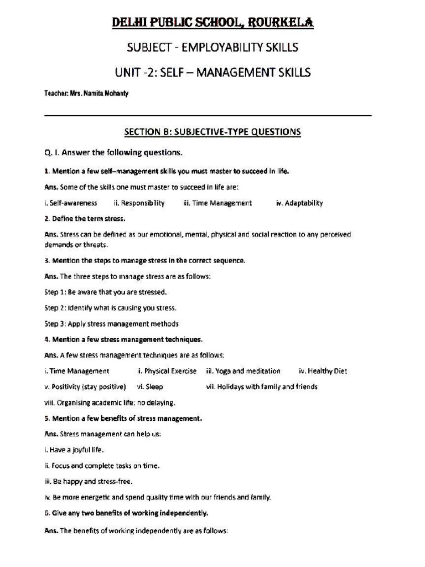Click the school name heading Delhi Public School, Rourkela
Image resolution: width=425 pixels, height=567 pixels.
(212, 23)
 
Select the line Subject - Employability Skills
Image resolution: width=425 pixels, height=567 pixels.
(212, 48)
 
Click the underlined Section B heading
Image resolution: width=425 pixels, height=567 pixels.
(212, 132)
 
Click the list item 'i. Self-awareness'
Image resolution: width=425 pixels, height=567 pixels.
(70, 203)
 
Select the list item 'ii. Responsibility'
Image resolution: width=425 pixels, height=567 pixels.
(139, 203)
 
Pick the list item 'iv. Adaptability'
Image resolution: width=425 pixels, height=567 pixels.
(299, 203)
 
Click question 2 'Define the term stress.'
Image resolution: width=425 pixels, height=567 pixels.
(85, 219)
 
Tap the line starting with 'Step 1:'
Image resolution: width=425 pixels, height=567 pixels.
(105, 292)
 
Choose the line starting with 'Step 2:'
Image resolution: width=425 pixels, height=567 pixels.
(110, 308)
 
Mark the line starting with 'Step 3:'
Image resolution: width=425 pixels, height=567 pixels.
(111, 324)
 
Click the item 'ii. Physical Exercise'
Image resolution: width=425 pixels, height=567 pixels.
(167, 371)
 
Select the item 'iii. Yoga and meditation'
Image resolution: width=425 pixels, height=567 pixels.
(243, 371)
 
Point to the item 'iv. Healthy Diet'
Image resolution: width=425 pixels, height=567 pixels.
(323, 371)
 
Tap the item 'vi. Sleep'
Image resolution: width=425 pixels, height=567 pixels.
(149, 387)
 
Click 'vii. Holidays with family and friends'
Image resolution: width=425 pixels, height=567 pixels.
(261, 387)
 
